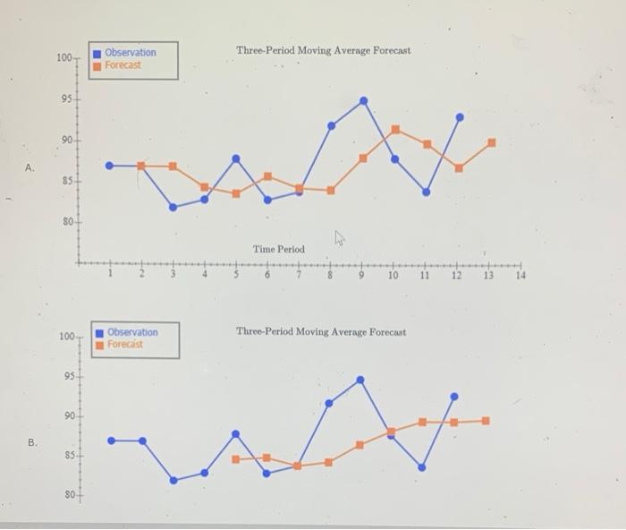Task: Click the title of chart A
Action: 324,50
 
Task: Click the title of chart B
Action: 320,331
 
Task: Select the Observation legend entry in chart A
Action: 129,53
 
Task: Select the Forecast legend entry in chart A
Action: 123,65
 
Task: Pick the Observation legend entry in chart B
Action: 131,332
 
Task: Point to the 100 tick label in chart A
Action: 63,58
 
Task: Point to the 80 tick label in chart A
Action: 66,221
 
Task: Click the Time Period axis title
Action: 278,249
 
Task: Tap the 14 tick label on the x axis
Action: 520,277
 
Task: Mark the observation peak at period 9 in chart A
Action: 363,100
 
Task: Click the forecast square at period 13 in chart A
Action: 491,142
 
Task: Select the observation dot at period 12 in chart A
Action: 460,116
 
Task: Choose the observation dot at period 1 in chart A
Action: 110,166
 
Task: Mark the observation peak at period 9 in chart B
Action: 360,380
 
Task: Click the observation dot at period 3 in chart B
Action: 174,480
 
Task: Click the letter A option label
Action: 31,167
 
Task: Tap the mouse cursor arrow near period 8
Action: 340,237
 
